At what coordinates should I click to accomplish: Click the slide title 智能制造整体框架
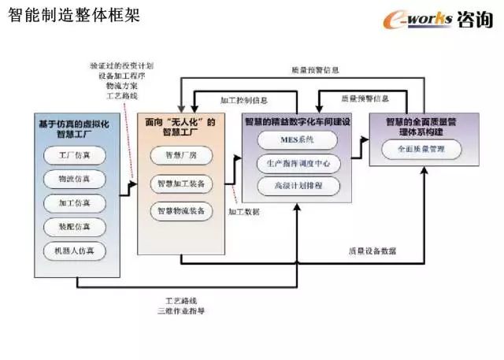(74, 15)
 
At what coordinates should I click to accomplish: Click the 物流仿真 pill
(74, 180)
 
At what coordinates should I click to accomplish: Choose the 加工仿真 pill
(74, 203)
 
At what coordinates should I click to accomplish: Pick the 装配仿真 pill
(74, 227)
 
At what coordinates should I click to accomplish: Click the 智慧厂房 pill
(182, 155)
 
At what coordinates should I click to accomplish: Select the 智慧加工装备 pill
(182, 184)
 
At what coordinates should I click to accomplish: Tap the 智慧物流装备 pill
(182, 210)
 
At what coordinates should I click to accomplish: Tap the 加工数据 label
(243, 212)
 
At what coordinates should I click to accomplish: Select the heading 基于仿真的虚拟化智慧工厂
(73, 129)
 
